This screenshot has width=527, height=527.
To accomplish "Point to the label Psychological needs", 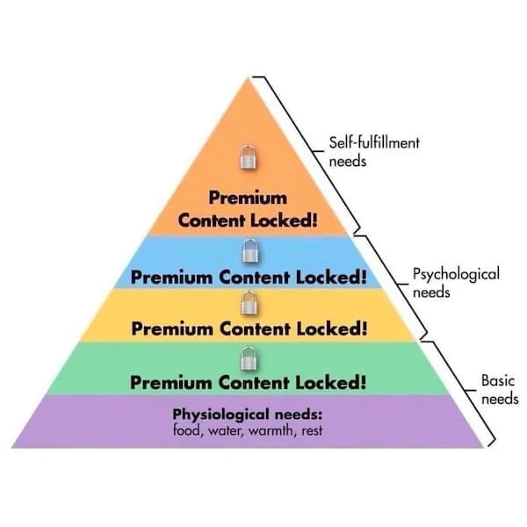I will pyautogui.click(x=455, y=283).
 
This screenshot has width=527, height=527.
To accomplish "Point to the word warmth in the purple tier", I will pyautogui.click(x=272, y=430).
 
